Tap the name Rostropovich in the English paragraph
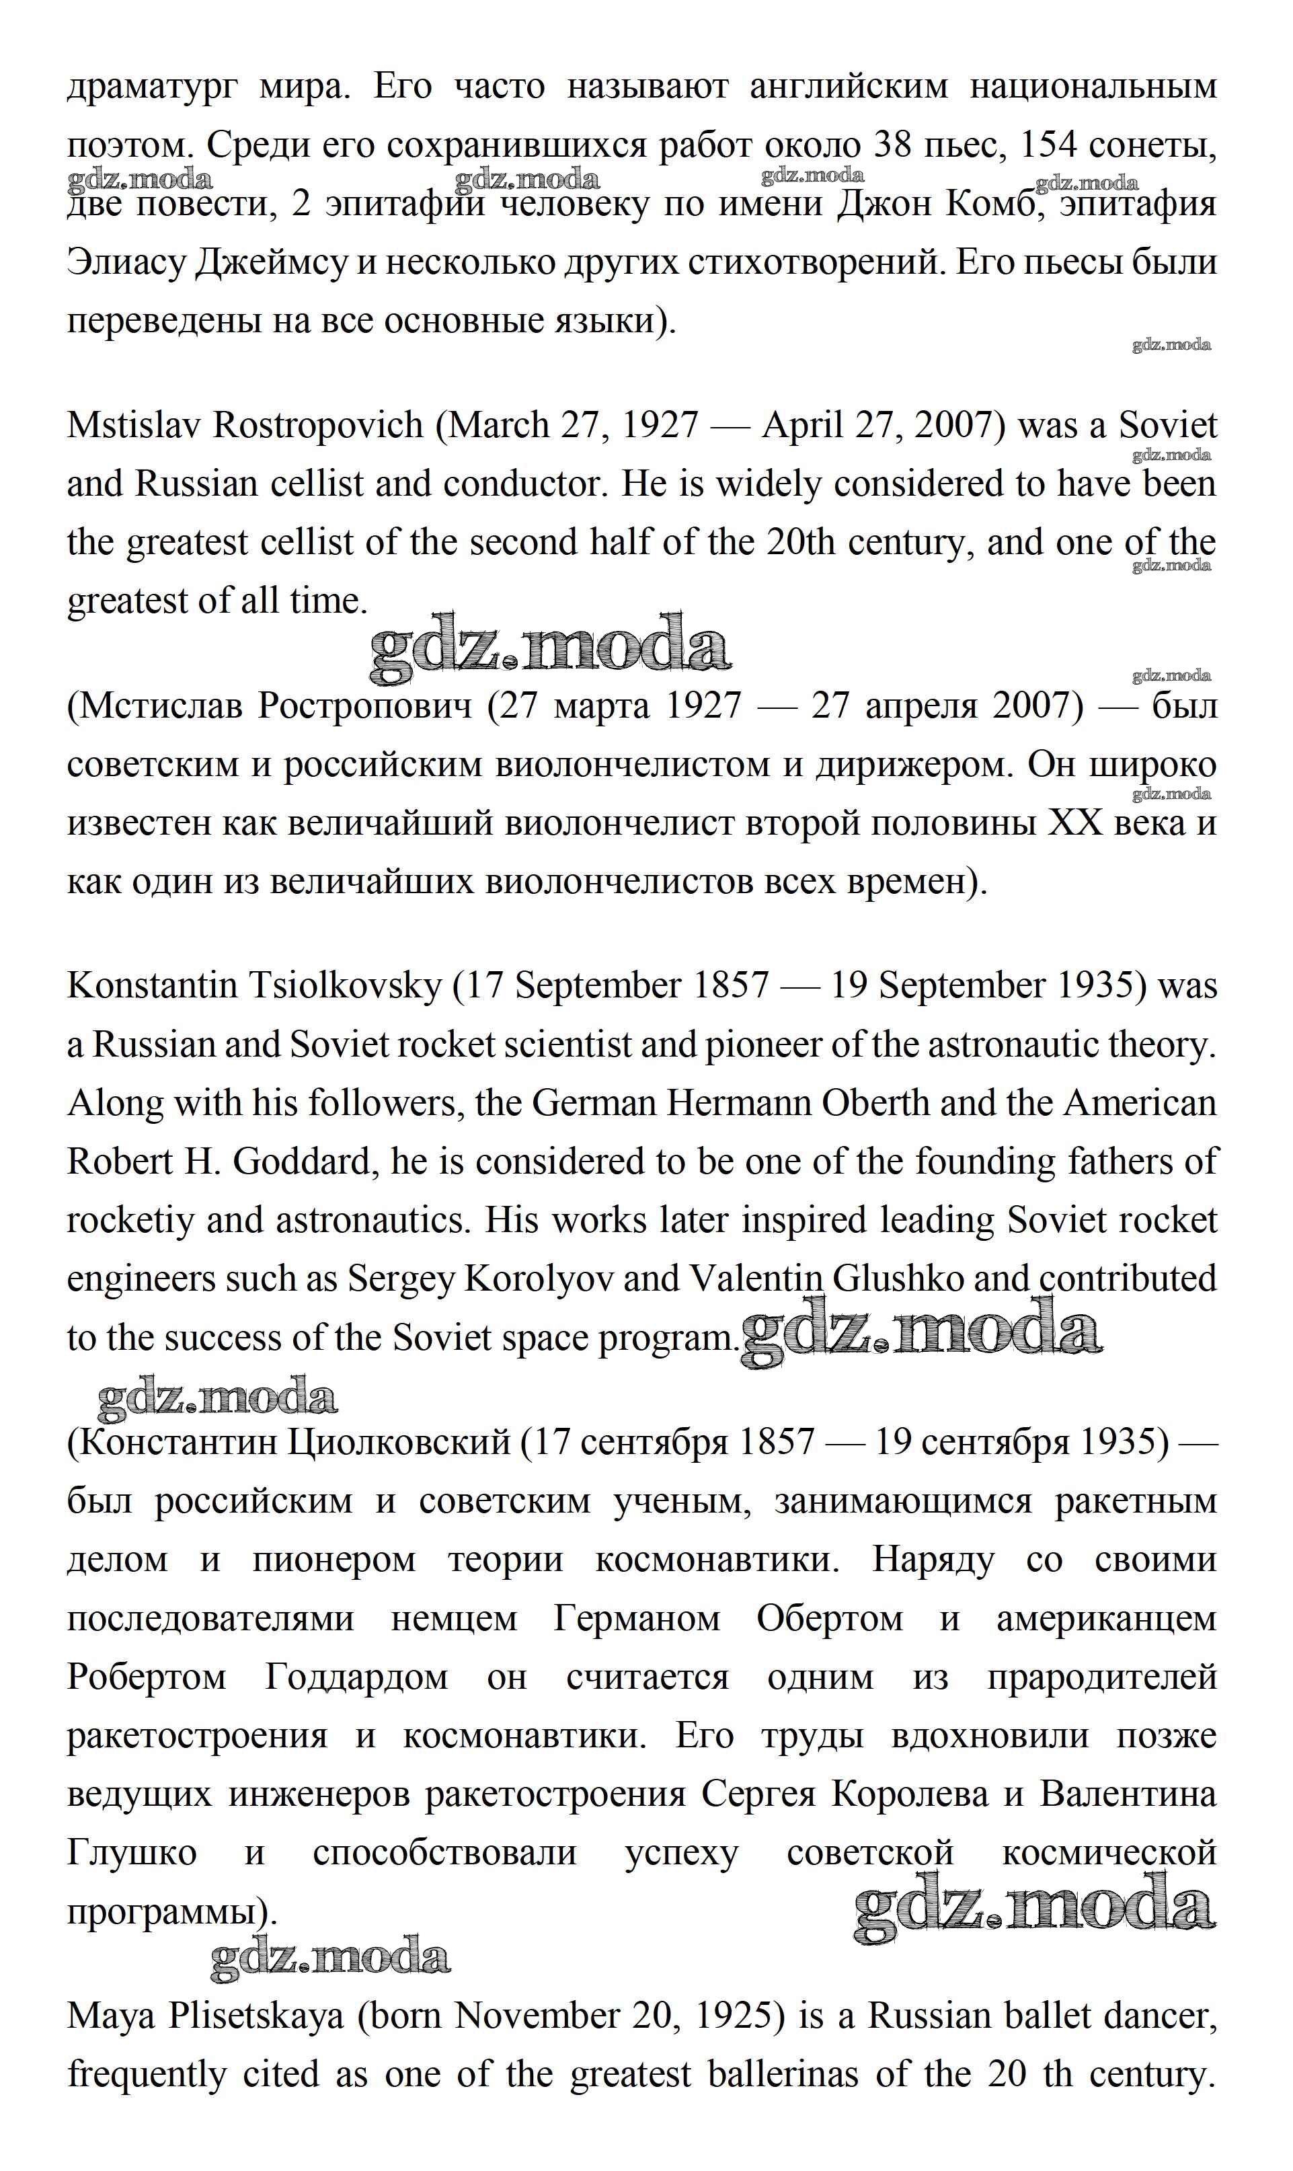click(x=318, y=425)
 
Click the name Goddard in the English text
click(x=303, y=1161)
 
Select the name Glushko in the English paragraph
click(x=898, y=1279)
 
